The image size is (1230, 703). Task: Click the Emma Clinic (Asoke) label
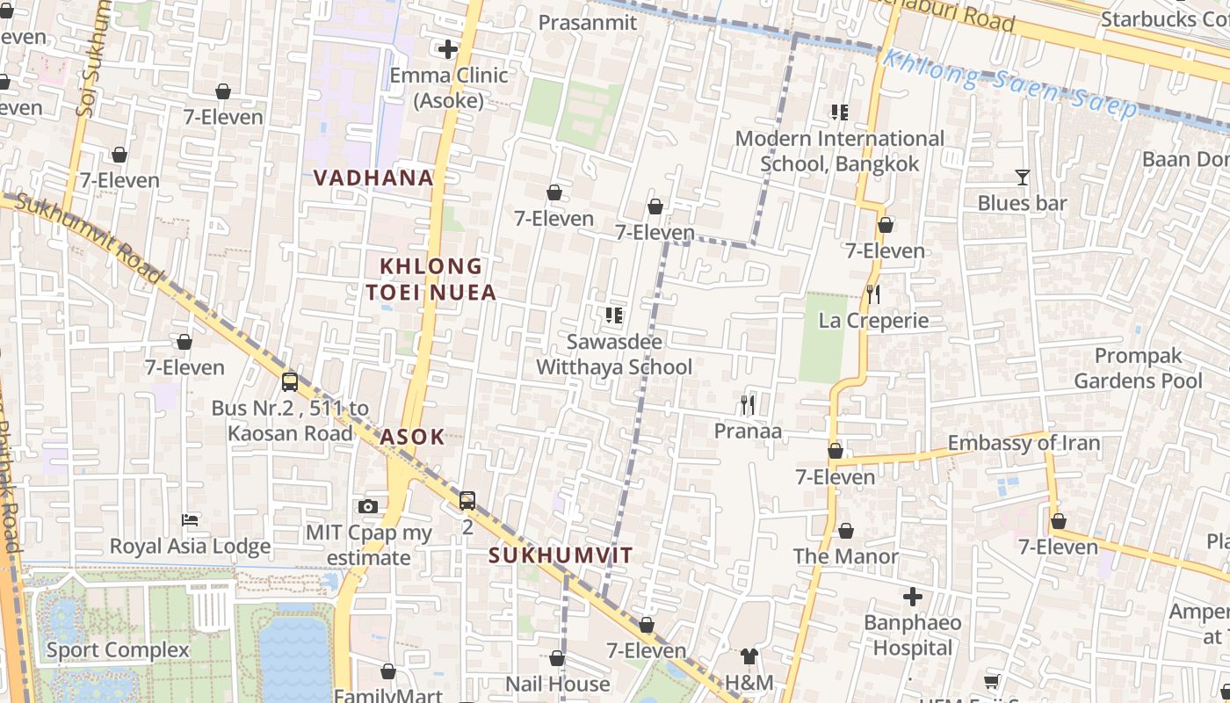[x=449, y=88]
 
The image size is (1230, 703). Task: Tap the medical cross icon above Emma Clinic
[x=448, y=49]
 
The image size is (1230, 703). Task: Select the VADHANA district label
[x=373, y=178]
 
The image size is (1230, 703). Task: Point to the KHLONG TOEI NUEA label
[x=430, y=279]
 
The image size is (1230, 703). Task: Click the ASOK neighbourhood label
[x=412, y=437]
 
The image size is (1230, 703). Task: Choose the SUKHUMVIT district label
[x=561, y=555]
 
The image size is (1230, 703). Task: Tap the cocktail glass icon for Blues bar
[x=1022, y=178]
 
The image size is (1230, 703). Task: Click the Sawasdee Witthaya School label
[x=614, y=354]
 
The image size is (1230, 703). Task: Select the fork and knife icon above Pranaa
[x=748, y=404]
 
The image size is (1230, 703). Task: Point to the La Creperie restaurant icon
[x=872, y=294]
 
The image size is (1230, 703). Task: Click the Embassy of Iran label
[x=1024, y=443]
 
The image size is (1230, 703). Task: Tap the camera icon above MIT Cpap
[x=368, y=506]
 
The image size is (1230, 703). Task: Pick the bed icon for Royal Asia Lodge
[x=189, y=520]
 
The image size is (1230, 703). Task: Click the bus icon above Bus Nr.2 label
[x=290, y=382]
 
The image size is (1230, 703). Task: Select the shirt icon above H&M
[x=749, y=656]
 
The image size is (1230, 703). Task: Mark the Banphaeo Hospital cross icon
[x=913, y=598]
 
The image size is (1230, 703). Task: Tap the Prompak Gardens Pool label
[x=1138, y=368]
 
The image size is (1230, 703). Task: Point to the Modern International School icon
[x=839, y=112]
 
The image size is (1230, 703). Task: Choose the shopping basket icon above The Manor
[x=845, y=531]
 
